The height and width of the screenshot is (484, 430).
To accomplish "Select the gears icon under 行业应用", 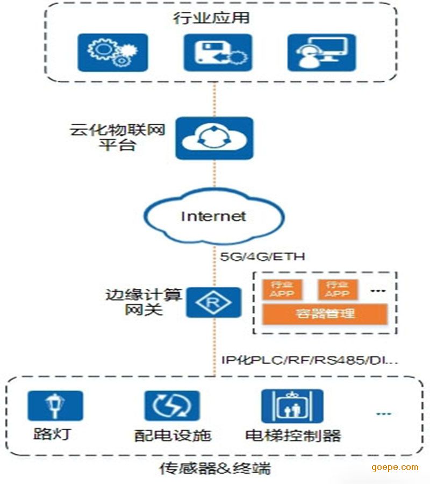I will (x=112, y=52).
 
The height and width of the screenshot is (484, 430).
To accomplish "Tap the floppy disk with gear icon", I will (x=217, y=52).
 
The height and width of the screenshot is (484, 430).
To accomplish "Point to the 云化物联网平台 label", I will (x=117, y=138).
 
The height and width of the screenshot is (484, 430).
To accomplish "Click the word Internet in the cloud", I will (x=213, y=216).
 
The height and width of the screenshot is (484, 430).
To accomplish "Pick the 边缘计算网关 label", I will (x=144, y=302).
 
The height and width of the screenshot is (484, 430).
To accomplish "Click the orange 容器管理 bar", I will (x=325, y=314).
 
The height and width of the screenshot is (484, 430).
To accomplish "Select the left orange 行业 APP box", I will (x=282, y=289).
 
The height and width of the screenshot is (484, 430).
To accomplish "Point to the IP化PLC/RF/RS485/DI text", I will (x=310, y=359).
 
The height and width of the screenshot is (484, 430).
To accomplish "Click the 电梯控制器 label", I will (x=293, y=435).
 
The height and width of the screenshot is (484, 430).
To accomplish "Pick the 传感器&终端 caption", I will (x=214, y=468).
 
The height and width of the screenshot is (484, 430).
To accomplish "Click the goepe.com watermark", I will (x=395, y=467).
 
